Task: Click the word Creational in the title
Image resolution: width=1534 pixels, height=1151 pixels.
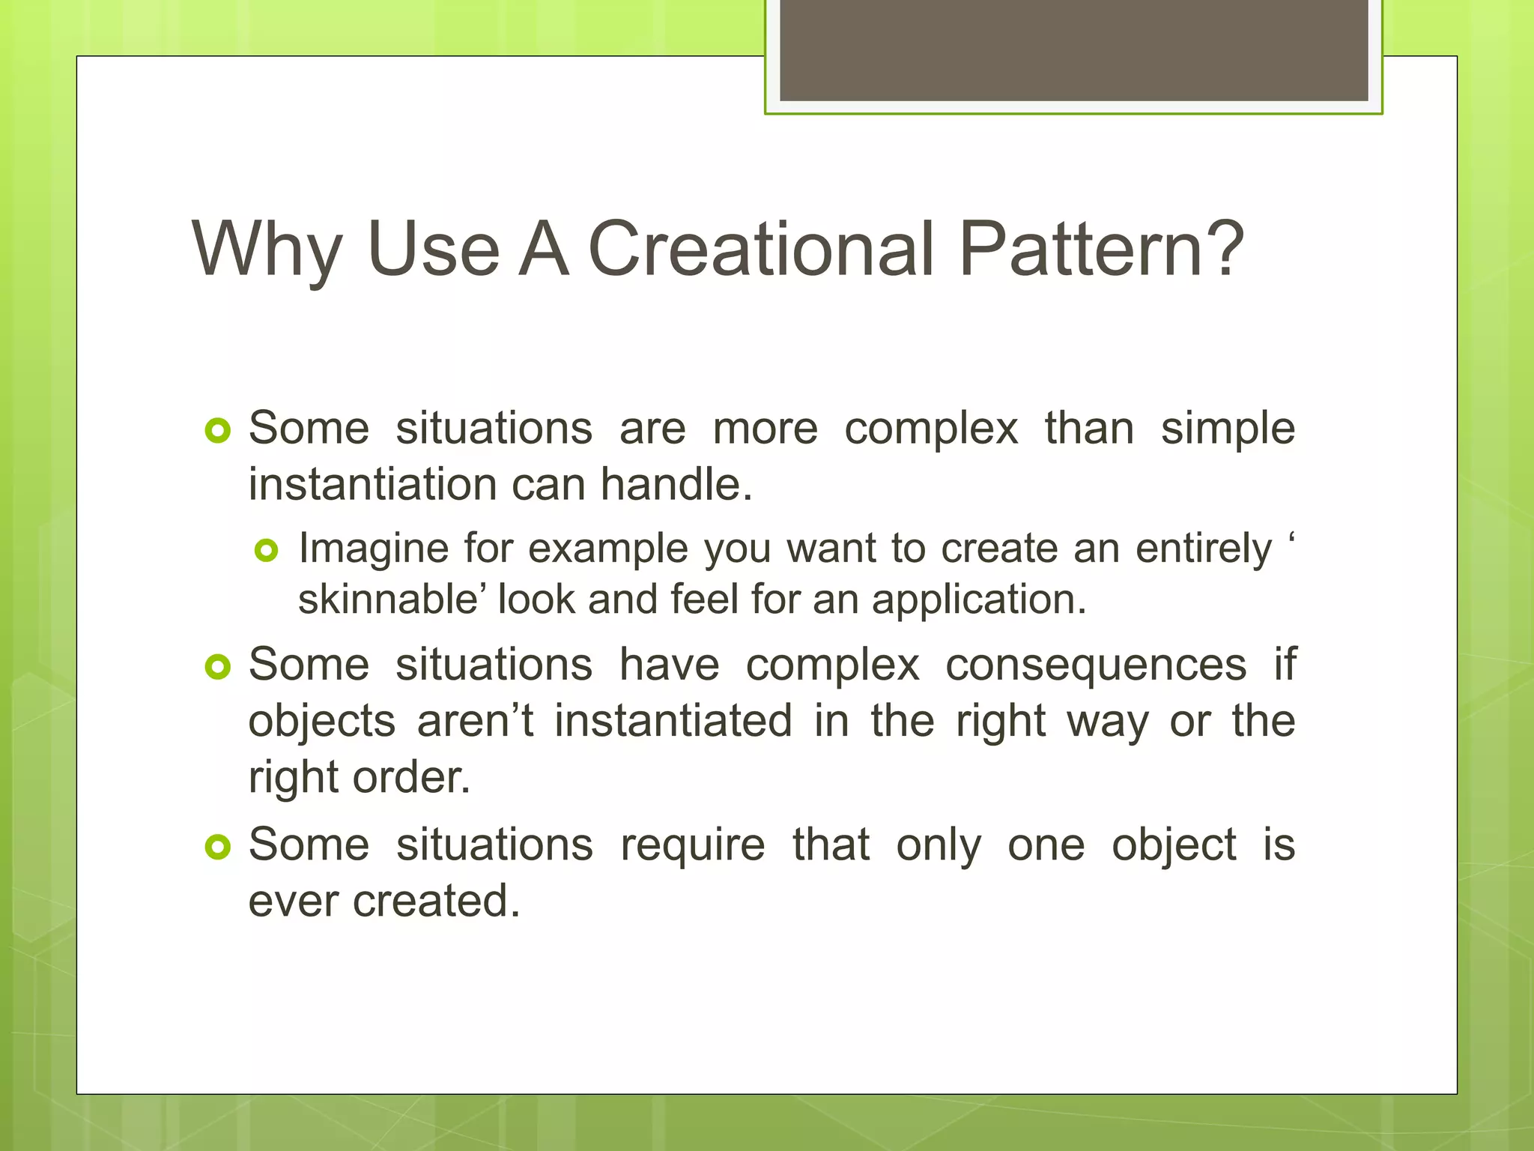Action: click(761, 249)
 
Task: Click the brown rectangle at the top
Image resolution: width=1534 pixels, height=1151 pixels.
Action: click(1073, 50)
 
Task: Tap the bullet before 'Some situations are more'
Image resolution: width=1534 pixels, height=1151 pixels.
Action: click(217, 431)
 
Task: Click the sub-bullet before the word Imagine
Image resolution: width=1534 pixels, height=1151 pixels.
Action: click(267, 552)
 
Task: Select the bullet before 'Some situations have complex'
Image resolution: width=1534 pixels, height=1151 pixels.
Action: click(217, 667)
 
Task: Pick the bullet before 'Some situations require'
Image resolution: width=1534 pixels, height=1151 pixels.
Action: click(217, 848)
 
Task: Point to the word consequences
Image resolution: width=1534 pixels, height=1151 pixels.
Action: click(1096, 665)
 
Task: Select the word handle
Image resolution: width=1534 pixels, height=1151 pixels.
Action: click(676, 485)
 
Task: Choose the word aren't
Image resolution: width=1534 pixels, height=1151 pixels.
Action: click(475, 722)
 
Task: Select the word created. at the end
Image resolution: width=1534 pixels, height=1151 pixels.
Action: click(436, 901)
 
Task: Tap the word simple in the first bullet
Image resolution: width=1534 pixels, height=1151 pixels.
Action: click(1228, 429)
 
